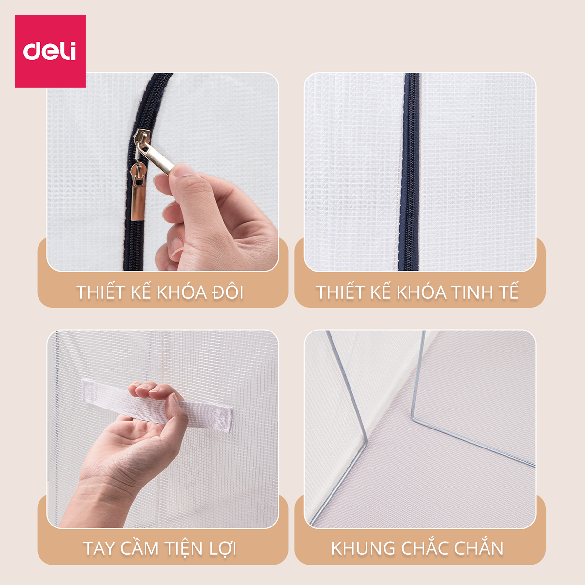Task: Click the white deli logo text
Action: tap(50, 51)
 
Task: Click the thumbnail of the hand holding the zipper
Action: tap(163, 172)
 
